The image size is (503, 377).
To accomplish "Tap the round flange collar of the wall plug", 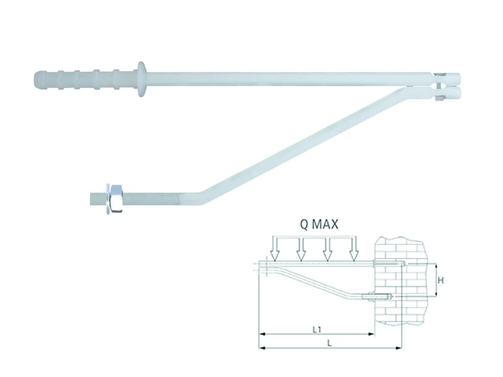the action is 141,79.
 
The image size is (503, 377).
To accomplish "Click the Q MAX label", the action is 319,224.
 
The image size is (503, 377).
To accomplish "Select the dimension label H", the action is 441,280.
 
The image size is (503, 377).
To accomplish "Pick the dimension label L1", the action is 317,330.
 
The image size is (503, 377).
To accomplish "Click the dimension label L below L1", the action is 329,343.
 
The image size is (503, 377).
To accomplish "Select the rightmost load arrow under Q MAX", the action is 353,249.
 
